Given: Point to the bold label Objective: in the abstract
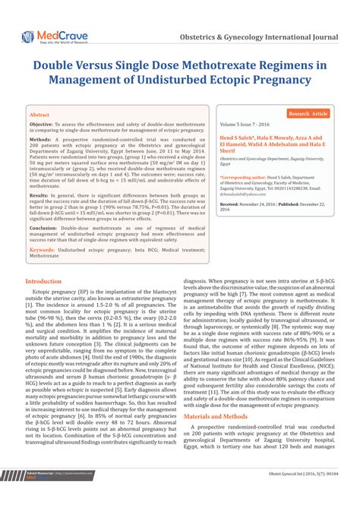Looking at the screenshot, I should tap(41, 123).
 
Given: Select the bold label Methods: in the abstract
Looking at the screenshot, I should tap(39, 140).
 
